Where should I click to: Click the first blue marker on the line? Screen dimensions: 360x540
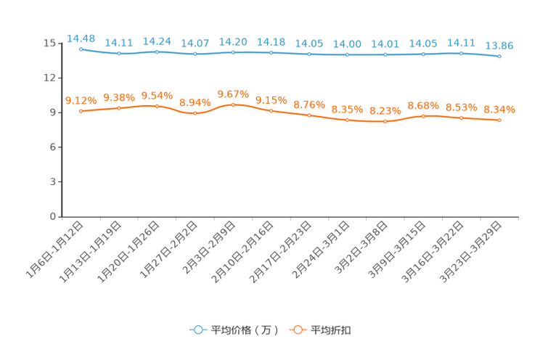[x=81, y=49]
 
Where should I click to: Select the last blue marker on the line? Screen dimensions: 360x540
[x=499, y=56]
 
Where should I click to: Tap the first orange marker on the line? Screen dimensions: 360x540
[x=81, y=111]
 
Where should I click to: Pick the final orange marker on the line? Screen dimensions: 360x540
[x=499, y=120]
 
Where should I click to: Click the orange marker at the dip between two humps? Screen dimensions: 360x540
[x=195, y=113]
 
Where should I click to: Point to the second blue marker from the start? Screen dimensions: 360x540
[x=118, y=53]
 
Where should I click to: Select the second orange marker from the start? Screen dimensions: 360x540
[x=118, y=108]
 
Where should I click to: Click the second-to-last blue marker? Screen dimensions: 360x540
[x=461, y=53]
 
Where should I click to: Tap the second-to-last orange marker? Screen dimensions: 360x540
[x=461, y=118]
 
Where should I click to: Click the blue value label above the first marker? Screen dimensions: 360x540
[x=81, y=38]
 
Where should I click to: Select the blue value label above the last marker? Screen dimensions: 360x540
[x=499, y=46]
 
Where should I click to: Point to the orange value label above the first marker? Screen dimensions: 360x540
[x=81, y=101]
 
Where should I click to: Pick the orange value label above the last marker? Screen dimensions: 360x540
[x=499, y=110]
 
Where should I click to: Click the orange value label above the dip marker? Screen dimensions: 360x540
[x=195, y=103]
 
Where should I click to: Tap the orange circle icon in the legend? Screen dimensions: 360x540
[x=298, y=330]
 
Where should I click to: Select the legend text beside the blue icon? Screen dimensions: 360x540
[x=245, y=330]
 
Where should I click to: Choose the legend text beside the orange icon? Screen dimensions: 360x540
[x=332, y=330]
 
